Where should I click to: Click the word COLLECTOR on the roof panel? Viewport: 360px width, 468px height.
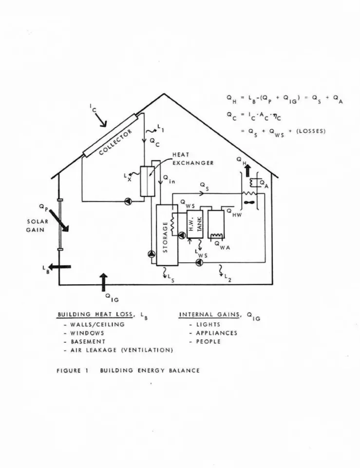tap(115, 142)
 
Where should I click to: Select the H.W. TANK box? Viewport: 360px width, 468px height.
tap(195, 224)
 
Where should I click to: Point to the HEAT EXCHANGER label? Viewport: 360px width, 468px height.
tap(193, 159)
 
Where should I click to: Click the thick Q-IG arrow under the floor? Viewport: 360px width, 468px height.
tap(103, 282)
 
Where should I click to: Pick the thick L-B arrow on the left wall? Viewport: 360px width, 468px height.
tap(60, 267)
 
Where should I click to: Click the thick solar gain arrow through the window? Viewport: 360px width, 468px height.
tap(59, 220)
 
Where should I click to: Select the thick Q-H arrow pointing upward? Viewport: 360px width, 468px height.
tap(247, 171)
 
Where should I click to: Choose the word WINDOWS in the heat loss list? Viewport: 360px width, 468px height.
tap(87, 333)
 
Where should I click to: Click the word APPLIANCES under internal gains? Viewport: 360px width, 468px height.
tap(217, 333)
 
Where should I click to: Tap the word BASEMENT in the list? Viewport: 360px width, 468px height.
tap(88, 341)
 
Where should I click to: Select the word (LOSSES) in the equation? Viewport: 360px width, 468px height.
tap(311, 131)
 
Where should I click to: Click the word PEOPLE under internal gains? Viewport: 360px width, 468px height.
tap(208, 341)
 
